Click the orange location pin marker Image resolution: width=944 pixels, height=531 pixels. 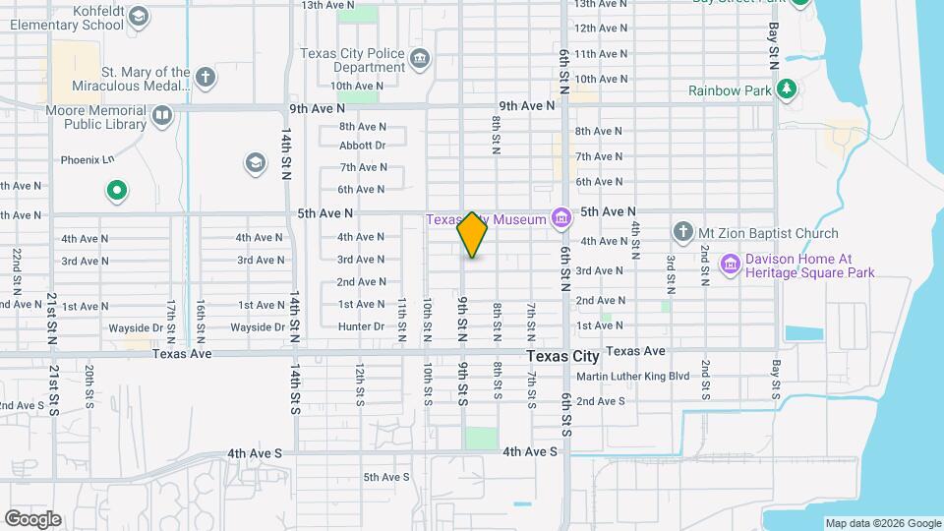(x=473, y=235)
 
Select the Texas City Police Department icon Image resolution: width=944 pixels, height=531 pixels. (x=420, y=60)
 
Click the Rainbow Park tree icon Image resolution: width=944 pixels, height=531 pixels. (x=786, y=89)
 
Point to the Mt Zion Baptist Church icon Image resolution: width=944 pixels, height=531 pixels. (x=683, y=232)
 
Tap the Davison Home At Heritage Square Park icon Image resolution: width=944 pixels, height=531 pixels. (x=730, y=264)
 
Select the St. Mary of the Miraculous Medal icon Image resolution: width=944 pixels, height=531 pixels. (x=205, y=77)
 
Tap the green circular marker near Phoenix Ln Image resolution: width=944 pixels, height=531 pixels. (x=117, y=191)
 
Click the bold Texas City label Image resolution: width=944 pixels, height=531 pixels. (x=562, y=356)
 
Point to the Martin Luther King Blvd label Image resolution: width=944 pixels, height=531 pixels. (x=632, y=377)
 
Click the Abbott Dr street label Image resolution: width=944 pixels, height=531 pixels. (x=363, y=146)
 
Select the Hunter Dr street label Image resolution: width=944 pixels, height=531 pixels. (x=361, y=326)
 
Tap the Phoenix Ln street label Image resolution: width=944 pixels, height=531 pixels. (x=88, y=159)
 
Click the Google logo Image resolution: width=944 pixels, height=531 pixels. (x=32, y=519)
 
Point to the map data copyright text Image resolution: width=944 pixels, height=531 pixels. (x=882, y=523)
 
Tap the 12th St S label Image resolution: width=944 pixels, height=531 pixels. (x=361, y=384)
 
